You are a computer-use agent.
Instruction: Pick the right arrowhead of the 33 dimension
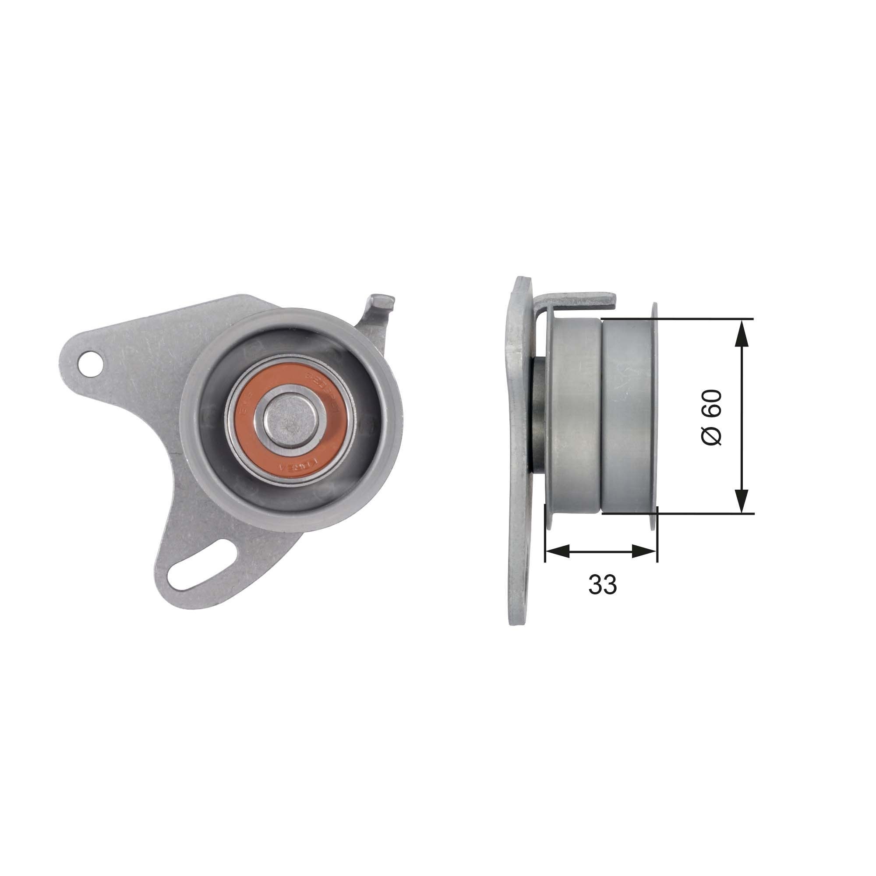click(x=644, y=551)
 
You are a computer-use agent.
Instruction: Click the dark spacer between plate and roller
click(x=538, y=415)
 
